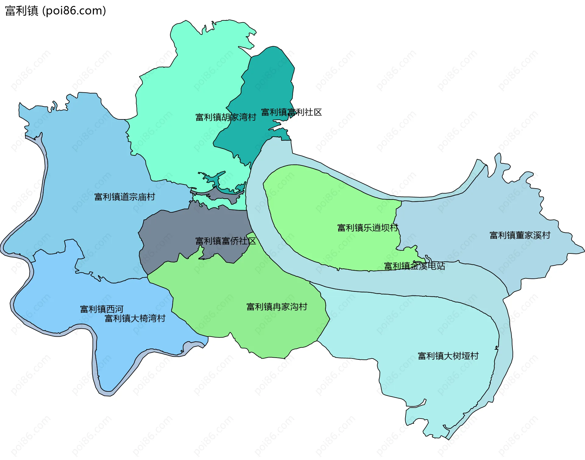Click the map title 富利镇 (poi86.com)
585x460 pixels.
coord(55,11)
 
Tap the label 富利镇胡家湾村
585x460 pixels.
coord(225,117)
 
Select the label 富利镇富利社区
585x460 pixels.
coord(291,112)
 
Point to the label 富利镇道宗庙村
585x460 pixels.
coord(125,197)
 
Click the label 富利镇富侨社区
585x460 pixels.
coord(225,241)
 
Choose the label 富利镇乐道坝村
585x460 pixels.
coord(368,228)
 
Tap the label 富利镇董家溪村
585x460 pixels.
coord(520,235)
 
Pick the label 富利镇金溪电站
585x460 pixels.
coord(414,266)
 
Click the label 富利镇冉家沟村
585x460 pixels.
coord(277,307)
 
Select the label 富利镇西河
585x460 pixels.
coord(101,309)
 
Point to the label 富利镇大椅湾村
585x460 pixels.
coord(135,319)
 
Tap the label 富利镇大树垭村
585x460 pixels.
coord(448,356)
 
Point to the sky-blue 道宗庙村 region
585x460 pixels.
coord(85,152)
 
